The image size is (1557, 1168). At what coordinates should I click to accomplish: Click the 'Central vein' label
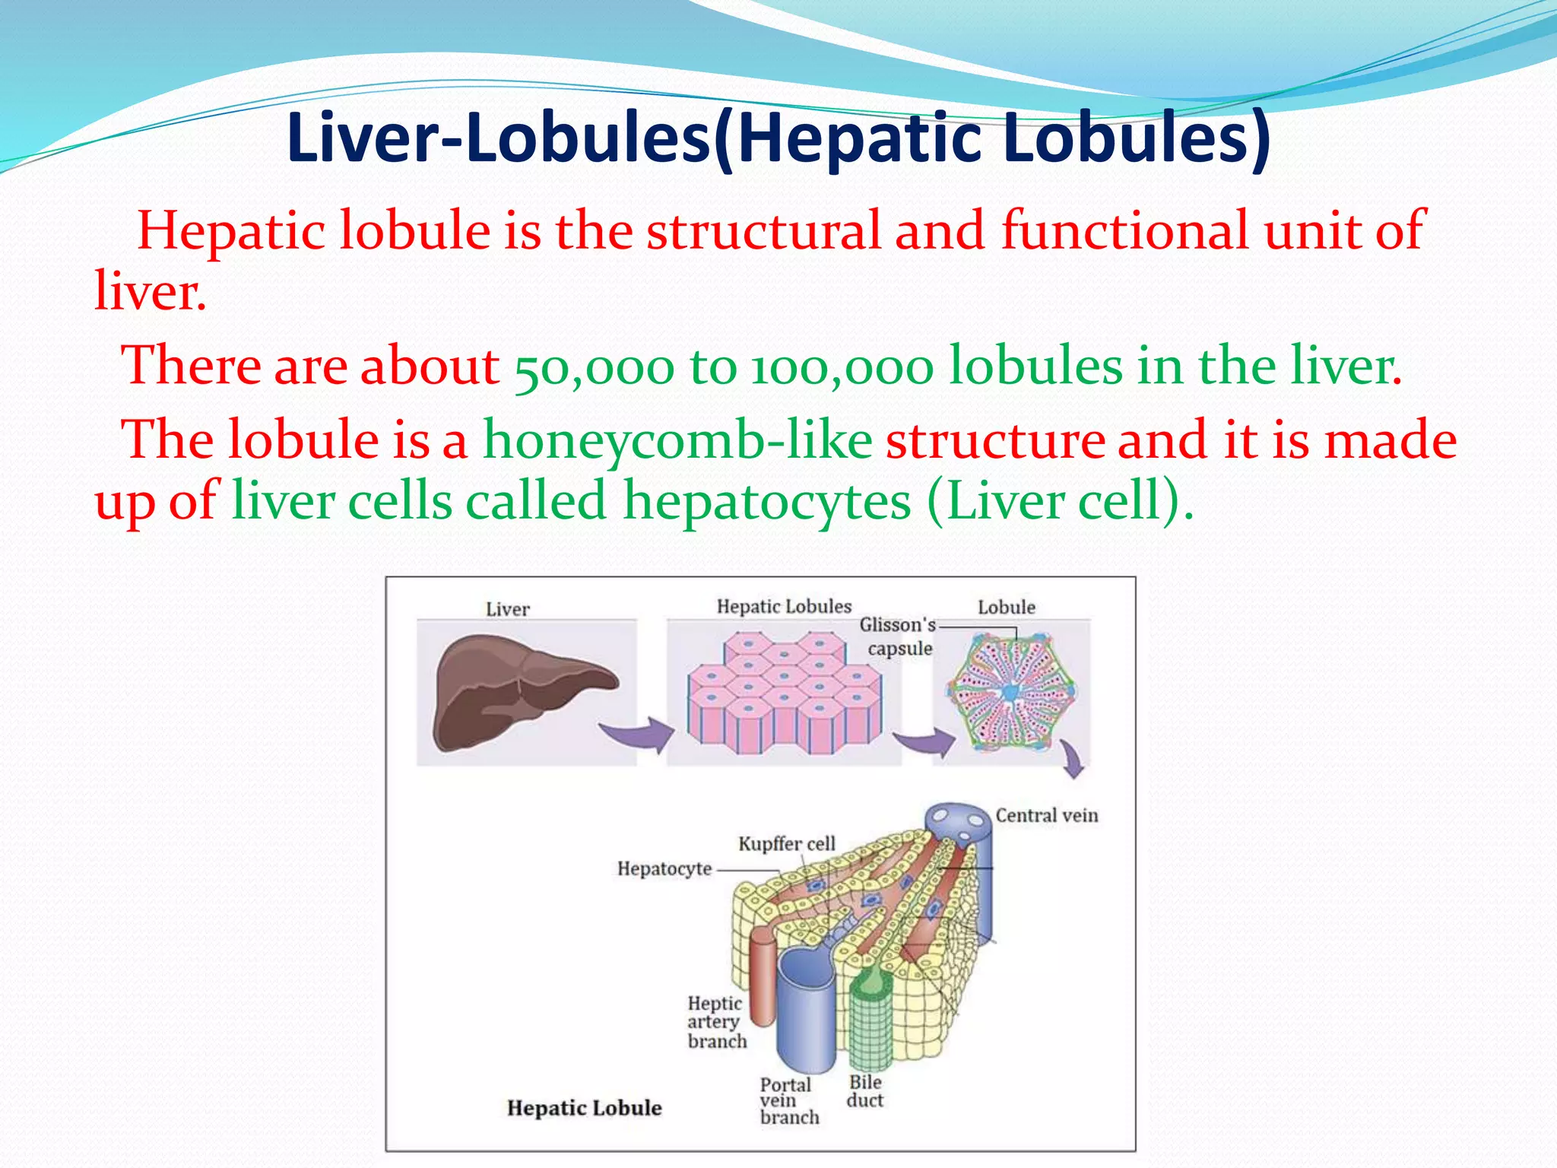click(1046, 815)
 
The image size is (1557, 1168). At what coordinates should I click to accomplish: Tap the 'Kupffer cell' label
click(786, 843)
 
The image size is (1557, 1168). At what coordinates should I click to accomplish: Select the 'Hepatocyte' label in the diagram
click(664, 868)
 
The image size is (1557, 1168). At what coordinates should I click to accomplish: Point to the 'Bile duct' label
click(865, 1091)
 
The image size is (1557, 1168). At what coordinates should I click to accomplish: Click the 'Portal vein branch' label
click(788, 1100)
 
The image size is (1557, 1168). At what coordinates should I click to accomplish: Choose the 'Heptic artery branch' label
click(716, 1022)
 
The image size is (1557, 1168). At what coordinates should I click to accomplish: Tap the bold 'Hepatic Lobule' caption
click(584, 1108)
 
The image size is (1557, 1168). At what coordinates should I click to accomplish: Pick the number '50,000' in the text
click(594, 367)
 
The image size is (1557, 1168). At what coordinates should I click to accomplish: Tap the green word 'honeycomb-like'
click(677, 440)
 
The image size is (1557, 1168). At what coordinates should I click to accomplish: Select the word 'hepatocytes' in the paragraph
click(767, 502)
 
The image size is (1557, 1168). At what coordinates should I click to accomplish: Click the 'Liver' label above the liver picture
click(508, 609)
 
